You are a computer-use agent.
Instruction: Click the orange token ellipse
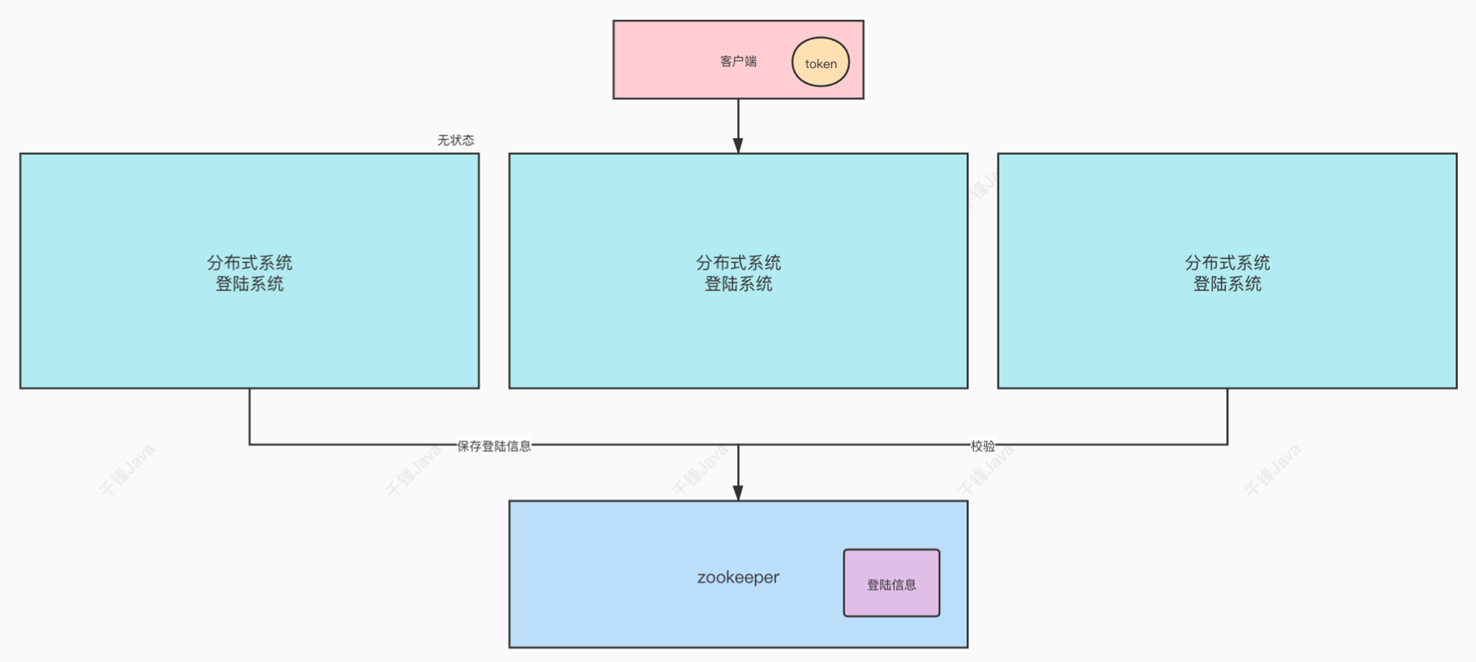tap(820, 62)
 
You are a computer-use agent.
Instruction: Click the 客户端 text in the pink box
tap(738, 62)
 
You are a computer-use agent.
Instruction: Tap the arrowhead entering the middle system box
tap(738, 145)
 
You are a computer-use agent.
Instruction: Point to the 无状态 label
tap(455, 140)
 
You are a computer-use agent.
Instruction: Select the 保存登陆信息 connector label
tap(494, 446)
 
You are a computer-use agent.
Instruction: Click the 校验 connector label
tap(982, 446)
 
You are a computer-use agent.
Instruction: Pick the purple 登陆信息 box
tap(891, 583)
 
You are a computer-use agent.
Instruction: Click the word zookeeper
tap(738, 577)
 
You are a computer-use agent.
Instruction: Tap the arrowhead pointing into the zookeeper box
tap(738, 492)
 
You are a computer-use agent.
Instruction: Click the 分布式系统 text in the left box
tap(249, 263)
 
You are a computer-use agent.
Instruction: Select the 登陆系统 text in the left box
tap(249, 284)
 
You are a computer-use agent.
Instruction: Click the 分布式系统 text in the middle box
tap(738, 263)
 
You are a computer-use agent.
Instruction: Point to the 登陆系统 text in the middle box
tap(738, 284)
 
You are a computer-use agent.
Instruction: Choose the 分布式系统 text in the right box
tap(1227, 263)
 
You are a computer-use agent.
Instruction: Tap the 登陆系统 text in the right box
tap(1227, 284)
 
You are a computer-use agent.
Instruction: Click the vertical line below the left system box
tap(250, 416)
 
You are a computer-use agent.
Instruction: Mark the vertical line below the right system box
tap(1228, 416)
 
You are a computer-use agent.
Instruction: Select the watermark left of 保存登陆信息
tap(413, 471)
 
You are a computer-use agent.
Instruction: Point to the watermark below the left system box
tap(127, 470)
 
